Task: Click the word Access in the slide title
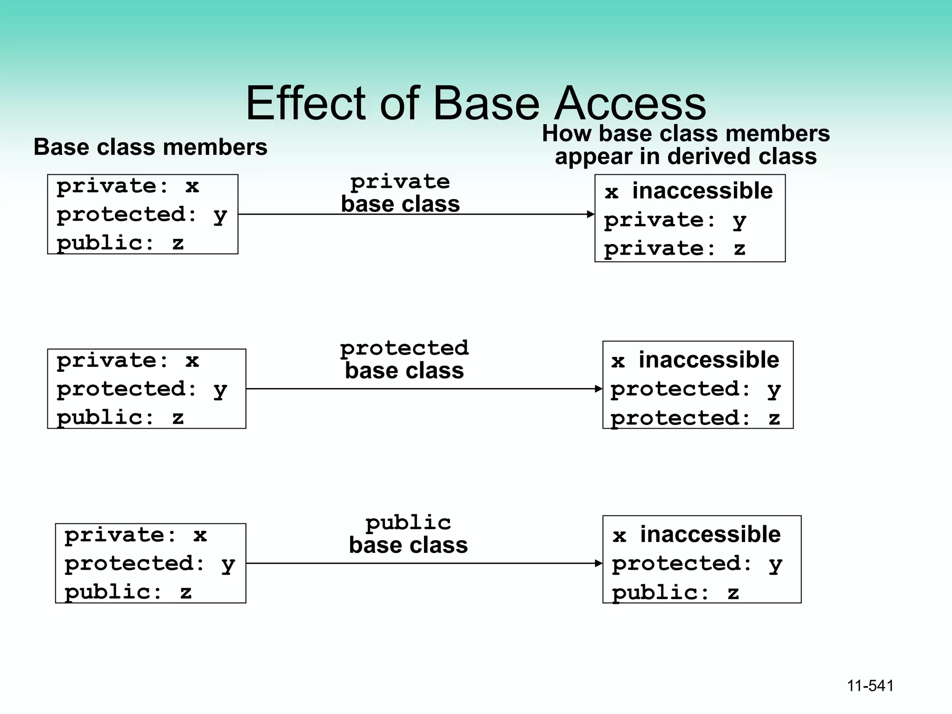pos(630,103)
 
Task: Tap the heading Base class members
pos(150,147)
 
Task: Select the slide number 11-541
pos(870,686)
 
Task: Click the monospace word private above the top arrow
pos(400,182)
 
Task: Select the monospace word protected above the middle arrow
pos(404,348)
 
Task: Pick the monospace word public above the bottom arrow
pos(408,523)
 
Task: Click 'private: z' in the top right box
pos(674,249)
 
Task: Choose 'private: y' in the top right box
pos(675,220)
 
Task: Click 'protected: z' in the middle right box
pos(695,418)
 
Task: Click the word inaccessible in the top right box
pos(702,191)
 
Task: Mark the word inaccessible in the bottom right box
pos(710,535)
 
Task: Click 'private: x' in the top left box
pos(128,186)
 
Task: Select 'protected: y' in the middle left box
pos(142,389)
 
